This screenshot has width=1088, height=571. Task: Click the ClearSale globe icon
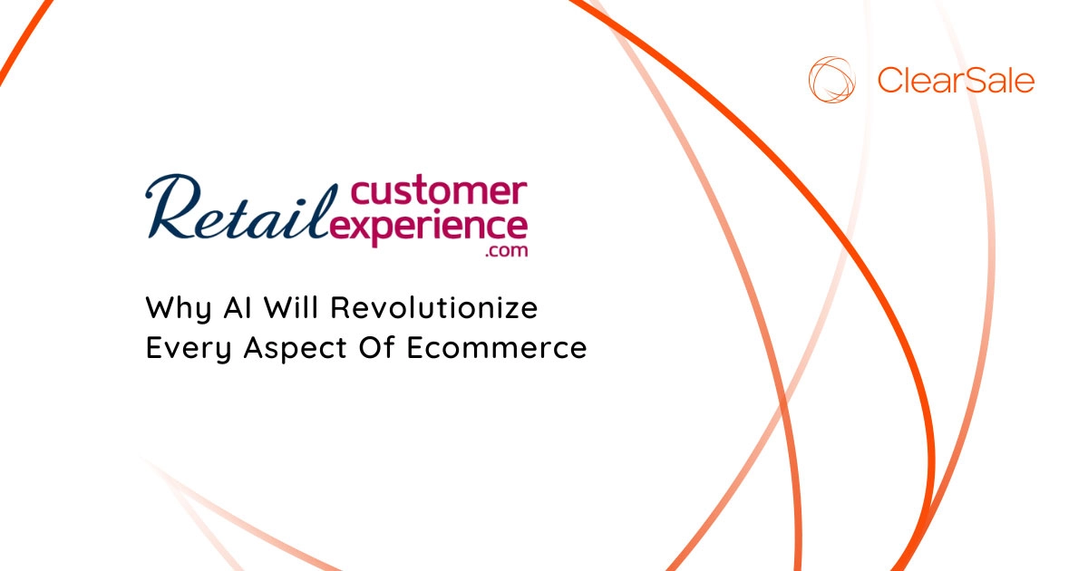(831, 80)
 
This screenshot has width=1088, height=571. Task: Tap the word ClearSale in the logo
(956, 80)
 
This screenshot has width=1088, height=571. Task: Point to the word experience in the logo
(429, 228)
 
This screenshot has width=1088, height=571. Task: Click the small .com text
(506, 250)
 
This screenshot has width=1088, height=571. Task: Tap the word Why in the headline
(179, 309)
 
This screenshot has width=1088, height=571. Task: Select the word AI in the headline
(238, 307)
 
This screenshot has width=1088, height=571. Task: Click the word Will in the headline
(291, 307)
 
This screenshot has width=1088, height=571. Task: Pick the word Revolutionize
(434, 307)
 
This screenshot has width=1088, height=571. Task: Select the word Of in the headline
(376, 347)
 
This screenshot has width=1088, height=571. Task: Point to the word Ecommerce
(497, 348)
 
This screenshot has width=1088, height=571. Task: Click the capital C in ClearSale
(889, 81)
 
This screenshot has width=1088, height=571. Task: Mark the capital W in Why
(163, 307)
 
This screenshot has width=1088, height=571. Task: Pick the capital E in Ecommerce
(415, 348)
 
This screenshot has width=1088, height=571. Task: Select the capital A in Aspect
(256, 348)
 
